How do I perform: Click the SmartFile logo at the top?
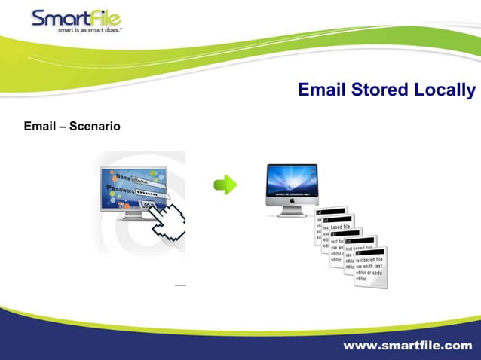click(76, 19)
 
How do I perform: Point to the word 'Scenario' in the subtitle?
click(94, 125)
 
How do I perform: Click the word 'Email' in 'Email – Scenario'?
click(39, 125)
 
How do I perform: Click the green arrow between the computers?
click(225, 185)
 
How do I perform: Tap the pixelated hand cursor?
click(167, 222)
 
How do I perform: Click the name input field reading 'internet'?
click(143, 181)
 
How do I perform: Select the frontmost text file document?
click(370, 267)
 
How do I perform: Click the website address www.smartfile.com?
click(408, 346)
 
